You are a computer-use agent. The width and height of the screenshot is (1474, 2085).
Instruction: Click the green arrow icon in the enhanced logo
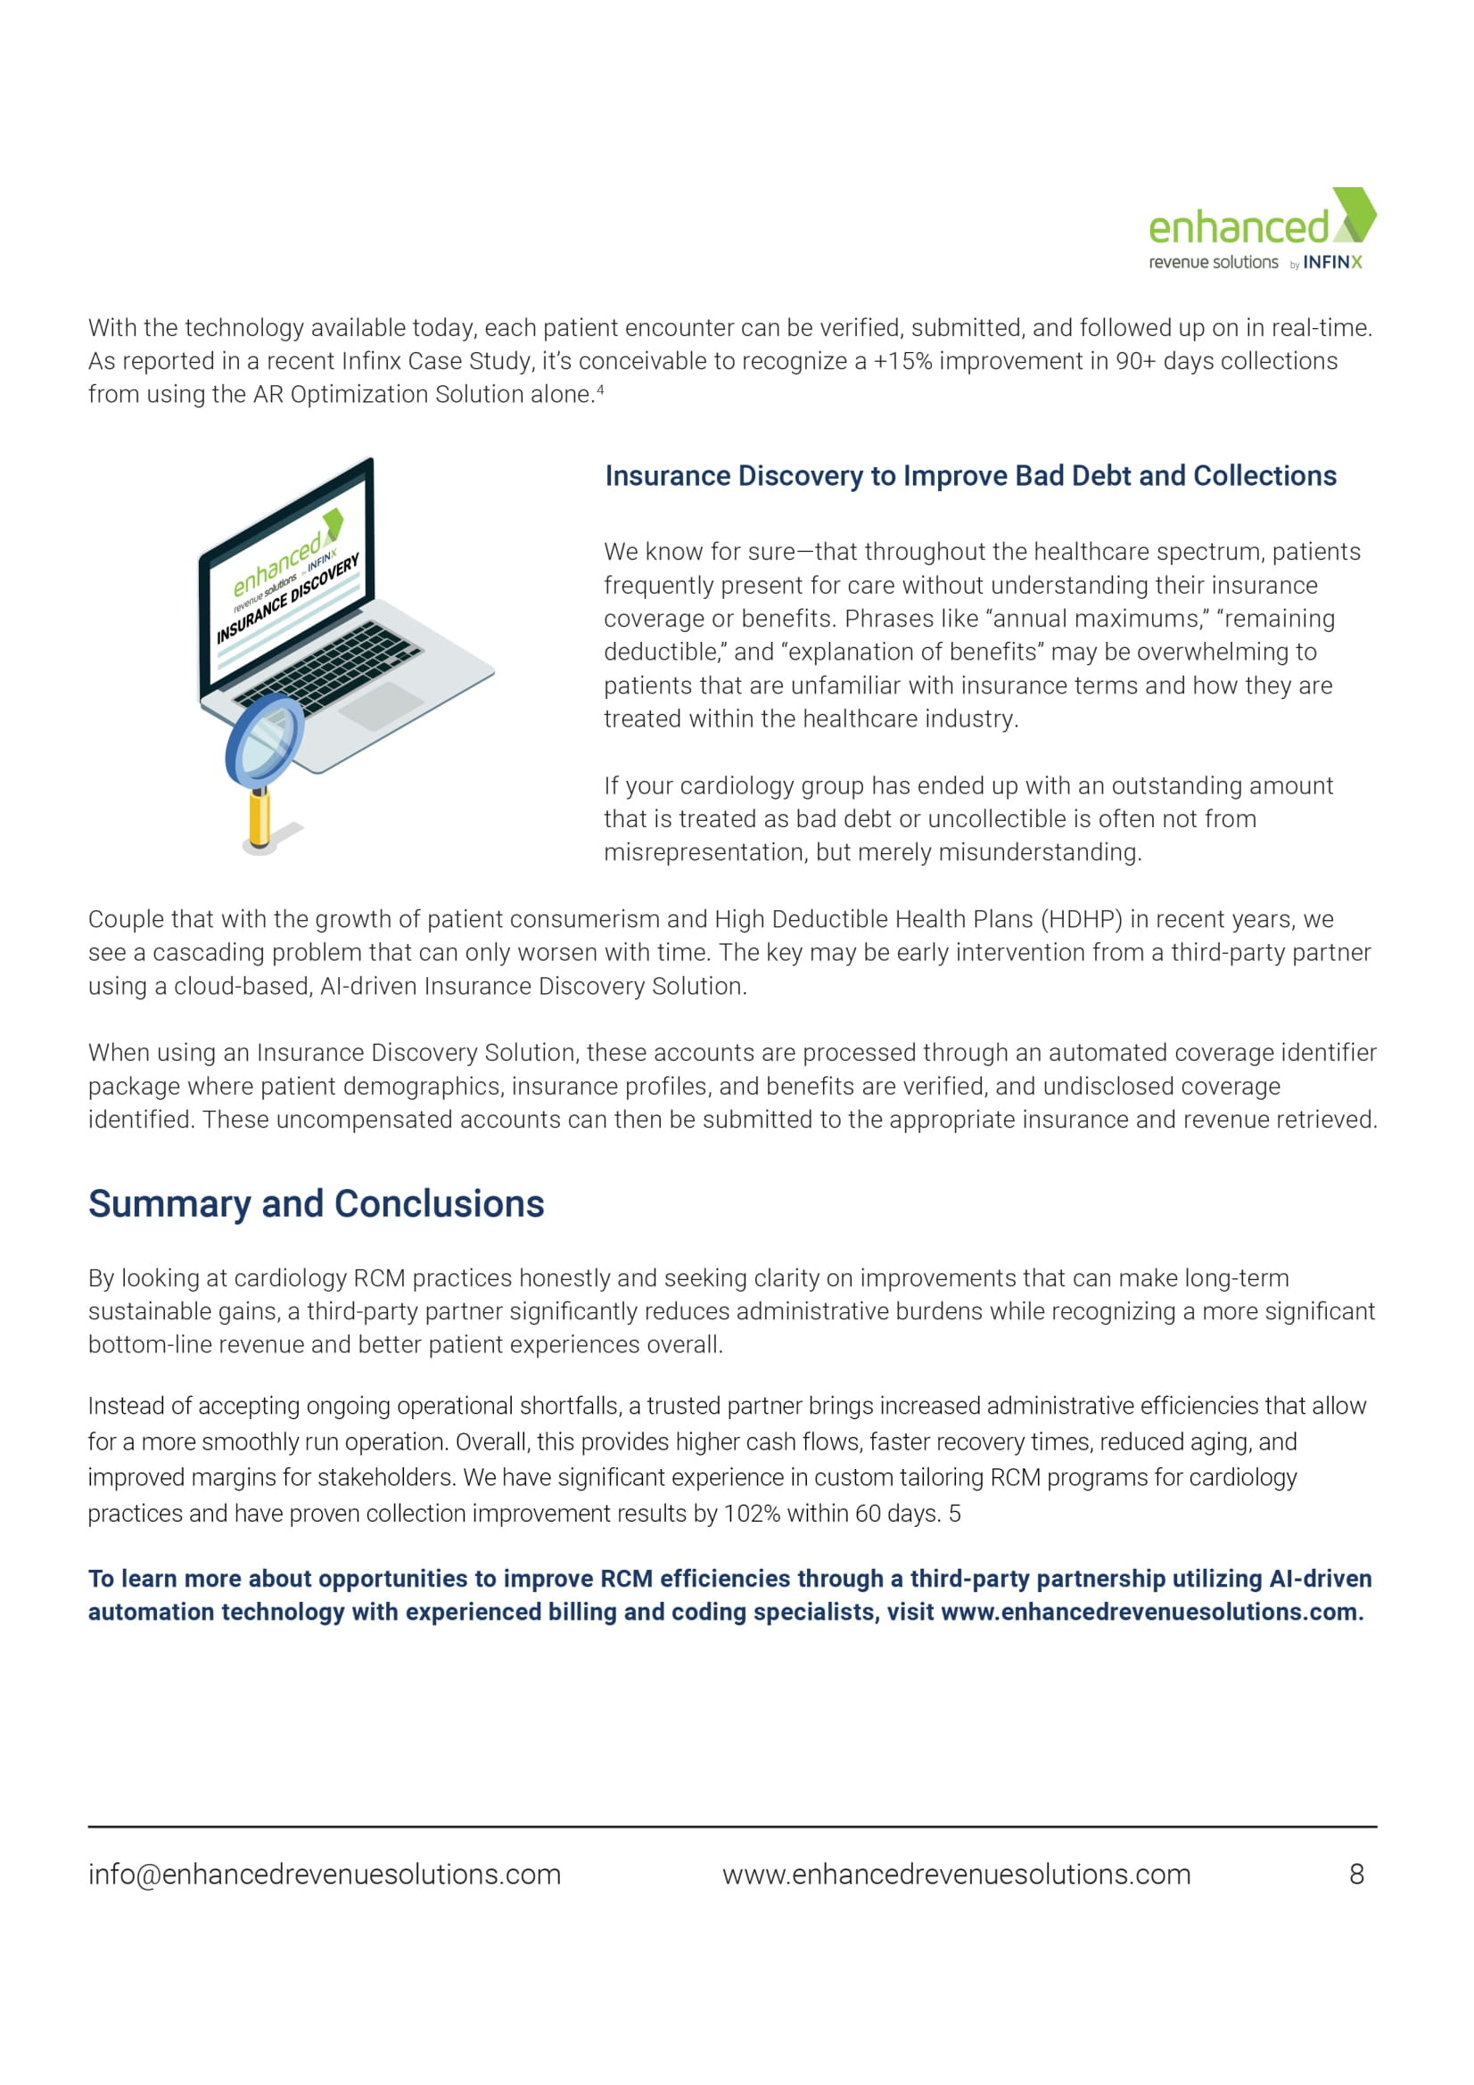[1355, 214]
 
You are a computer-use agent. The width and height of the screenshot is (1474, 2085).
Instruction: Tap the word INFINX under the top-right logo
[1332, 262]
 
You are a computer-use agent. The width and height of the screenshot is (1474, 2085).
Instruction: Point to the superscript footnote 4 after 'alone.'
[600, 390]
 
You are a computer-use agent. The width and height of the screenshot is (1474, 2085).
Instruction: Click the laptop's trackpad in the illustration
[381, 707]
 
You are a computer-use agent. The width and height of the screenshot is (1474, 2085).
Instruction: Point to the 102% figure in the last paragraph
[752, 1514]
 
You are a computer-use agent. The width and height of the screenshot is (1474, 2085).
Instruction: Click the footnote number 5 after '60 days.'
[954, 1514]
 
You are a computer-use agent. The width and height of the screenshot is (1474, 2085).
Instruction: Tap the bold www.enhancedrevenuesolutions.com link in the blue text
[1151, 1612]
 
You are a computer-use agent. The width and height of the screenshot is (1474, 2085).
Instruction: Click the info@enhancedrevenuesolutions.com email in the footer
[325, 1875]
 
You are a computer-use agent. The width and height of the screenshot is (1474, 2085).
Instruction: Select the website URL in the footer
[956, 1875]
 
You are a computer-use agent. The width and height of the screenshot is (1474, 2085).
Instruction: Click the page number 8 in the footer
[1357, 1875]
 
